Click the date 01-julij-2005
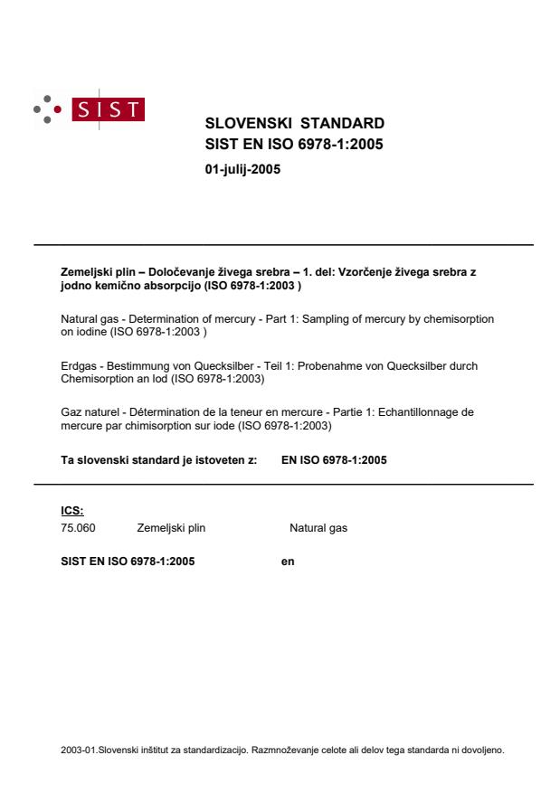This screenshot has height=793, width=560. (243, 167)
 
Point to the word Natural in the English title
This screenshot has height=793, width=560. (81, 319)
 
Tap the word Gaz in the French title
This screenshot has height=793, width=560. (70, 412)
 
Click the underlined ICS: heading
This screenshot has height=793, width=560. (71, 510)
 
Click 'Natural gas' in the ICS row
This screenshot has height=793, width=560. (318, 528)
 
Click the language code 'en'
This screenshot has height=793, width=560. (288, 561)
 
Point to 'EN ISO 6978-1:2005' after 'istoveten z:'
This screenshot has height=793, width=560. (334, 459)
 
